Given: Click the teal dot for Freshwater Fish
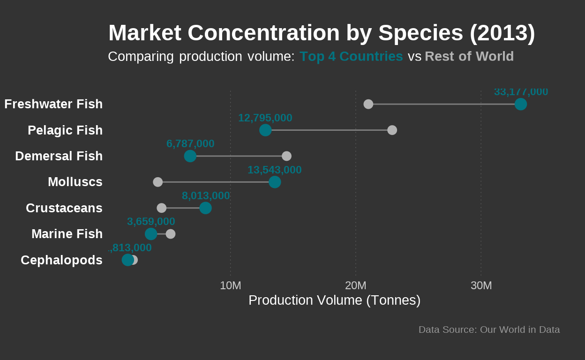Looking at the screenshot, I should (520, 104).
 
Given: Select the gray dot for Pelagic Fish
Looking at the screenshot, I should (392, 130).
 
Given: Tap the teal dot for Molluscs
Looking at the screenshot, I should (275, 182).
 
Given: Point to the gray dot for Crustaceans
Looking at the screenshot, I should (161, 208).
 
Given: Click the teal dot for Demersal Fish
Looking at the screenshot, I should (190, 156).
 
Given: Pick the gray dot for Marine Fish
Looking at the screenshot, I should (171, 233).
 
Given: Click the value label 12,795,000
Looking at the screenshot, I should (265, 118).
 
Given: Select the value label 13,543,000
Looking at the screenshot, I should (274, 170).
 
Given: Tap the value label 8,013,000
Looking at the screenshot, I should (206, 196).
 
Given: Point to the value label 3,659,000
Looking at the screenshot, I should (151, 222).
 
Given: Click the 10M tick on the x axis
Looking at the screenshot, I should (230, 285).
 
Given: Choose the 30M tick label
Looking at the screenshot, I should (481, 285).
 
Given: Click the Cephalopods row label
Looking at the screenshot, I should (61, 260).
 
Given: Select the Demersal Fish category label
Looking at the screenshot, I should (59, 156).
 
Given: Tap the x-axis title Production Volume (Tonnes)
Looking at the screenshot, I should (334, 300).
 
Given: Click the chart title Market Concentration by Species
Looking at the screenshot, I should (322, 33).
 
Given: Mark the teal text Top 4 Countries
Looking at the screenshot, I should (351, 56).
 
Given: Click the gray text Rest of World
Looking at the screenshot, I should (469, 56).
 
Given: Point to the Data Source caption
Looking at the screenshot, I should (489, 330).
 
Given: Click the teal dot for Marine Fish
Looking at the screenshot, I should (151, 233).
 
